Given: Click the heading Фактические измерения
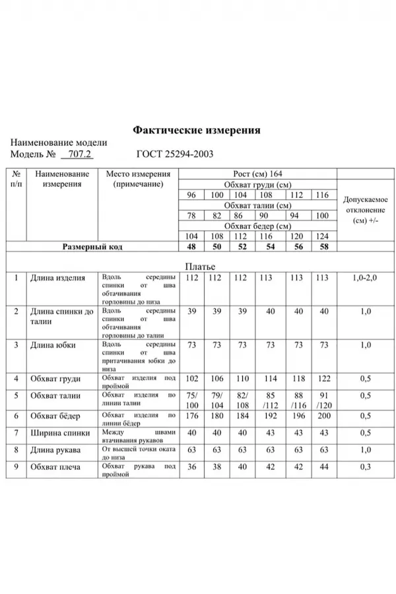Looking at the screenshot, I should tap(197, 130).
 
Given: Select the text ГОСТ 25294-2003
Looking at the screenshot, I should tap(175, 155).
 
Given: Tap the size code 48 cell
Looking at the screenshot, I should tap(191, 247).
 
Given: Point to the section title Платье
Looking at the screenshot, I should tap(200, 266).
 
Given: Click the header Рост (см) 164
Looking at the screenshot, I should tap(257, 174).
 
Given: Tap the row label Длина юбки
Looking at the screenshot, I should tap(54, 345).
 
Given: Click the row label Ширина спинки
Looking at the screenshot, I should tap(59, 433).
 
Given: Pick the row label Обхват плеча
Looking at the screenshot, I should tap(55, 467).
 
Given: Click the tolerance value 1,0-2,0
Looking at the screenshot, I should tap(365, 279).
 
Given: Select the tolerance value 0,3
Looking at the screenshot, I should tap(365, 467).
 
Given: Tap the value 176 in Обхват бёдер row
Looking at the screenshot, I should tap(191, 416).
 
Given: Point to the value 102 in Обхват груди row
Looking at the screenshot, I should tap(191, 379).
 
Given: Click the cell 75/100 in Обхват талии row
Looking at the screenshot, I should tap(191, 400).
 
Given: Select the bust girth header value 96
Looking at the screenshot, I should tap(191, 195).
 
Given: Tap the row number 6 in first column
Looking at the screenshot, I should tap(15, 416).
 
